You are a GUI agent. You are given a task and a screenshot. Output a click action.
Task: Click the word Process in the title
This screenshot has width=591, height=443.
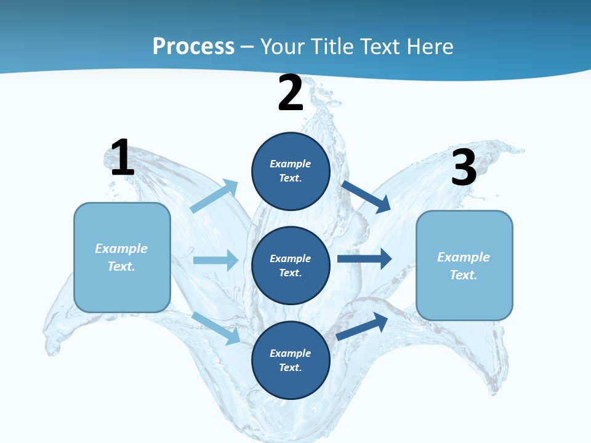pos(193,46)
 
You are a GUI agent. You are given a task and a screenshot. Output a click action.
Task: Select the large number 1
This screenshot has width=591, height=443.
pos(122,158)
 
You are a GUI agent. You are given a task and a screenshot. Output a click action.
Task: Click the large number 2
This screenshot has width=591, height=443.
pos(291,94)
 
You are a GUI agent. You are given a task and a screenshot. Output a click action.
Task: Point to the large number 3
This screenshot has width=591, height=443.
pos(464,168)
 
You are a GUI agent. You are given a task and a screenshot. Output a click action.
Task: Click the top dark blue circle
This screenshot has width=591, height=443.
pos(291,171)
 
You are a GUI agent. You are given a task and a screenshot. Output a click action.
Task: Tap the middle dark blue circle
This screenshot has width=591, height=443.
pos(291,266)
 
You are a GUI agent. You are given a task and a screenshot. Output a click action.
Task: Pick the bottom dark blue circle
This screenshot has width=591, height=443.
pos(291,361)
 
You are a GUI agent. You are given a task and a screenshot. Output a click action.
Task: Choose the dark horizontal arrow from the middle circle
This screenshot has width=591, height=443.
pos(364,259)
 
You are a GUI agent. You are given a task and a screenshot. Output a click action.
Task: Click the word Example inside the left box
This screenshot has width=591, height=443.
pos(121,249)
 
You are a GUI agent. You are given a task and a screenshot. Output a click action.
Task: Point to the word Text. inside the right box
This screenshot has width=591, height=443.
pos(464,275)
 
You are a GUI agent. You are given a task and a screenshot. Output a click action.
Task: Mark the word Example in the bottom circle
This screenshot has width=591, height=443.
pos(290,353)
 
